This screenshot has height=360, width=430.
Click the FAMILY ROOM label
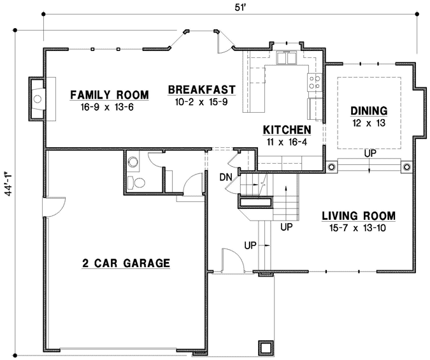point(109,95)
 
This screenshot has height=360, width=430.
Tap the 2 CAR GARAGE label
point(125,263)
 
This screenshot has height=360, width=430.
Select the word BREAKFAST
point(201,90)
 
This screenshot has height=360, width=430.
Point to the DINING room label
point(368,111)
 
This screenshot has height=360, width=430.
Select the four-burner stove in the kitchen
point(314,82)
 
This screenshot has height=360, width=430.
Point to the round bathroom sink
point(133,162)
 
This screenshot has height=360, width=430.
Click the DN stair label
point(225,176)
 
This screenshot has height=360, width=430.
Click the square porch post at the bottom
point(264,347)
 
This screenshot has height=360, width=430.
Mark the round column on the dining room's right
point(406,167)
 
